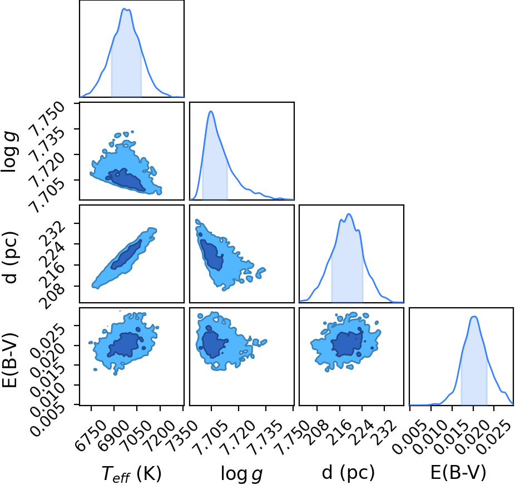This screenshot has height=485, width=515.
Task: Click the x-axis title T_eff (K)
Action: [x=131, y=473]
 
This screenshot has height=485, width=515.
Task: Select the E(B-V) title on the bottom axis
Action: [x=458, y=473]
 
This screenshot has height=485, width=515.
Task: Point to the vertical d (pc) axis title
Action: [x=10, y=258]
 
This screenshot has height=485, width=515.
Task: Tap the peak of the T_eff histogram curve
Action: [x=125, y=8]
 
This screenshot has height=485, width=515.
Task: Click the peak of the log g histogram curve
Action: [x=211, y=111]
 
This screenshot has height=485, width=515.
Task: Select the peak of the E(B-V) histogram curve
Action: [x=474, y=316]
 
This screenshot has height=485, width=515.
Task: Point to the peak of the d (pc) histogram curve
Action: [x=349, y=214]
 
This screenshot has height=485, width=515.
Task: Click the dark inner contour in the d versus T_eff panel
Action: [x=126, y=254]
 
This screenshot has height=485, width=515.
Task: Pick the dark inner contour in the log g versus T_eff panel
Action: [x=126, y=180]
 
